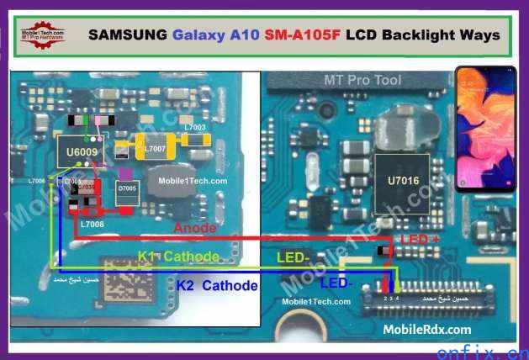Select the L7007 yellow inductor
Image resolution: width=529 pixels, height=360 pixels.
(x=156, y=149)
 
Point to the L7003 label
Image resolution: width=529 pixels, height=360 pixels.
(x=194, y=127)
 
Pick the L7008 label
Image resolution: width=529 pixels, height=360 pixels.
(x=92, y=225)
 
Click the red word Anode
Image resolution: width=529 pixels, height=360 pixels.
(x=195, y=228)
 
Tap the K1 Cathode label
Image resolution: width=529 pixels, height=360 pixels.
(x=178, y=256)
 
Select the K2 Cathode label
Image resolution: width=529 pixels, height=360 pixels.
(x=216, y=286)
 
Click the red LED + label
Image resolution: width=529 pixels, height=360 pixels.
(x=421, y=241)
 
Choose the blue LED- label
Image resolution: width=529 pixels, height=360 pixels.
(x=337, y=283)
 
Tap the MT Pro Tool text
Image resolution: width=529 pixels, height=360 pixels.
(x=363, y=81)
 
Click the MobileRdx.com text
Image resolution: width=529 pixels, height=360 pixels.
(x=427, y=330)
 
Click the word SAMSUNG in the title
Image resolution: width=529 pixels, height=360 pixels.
(x=128, y=35)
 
